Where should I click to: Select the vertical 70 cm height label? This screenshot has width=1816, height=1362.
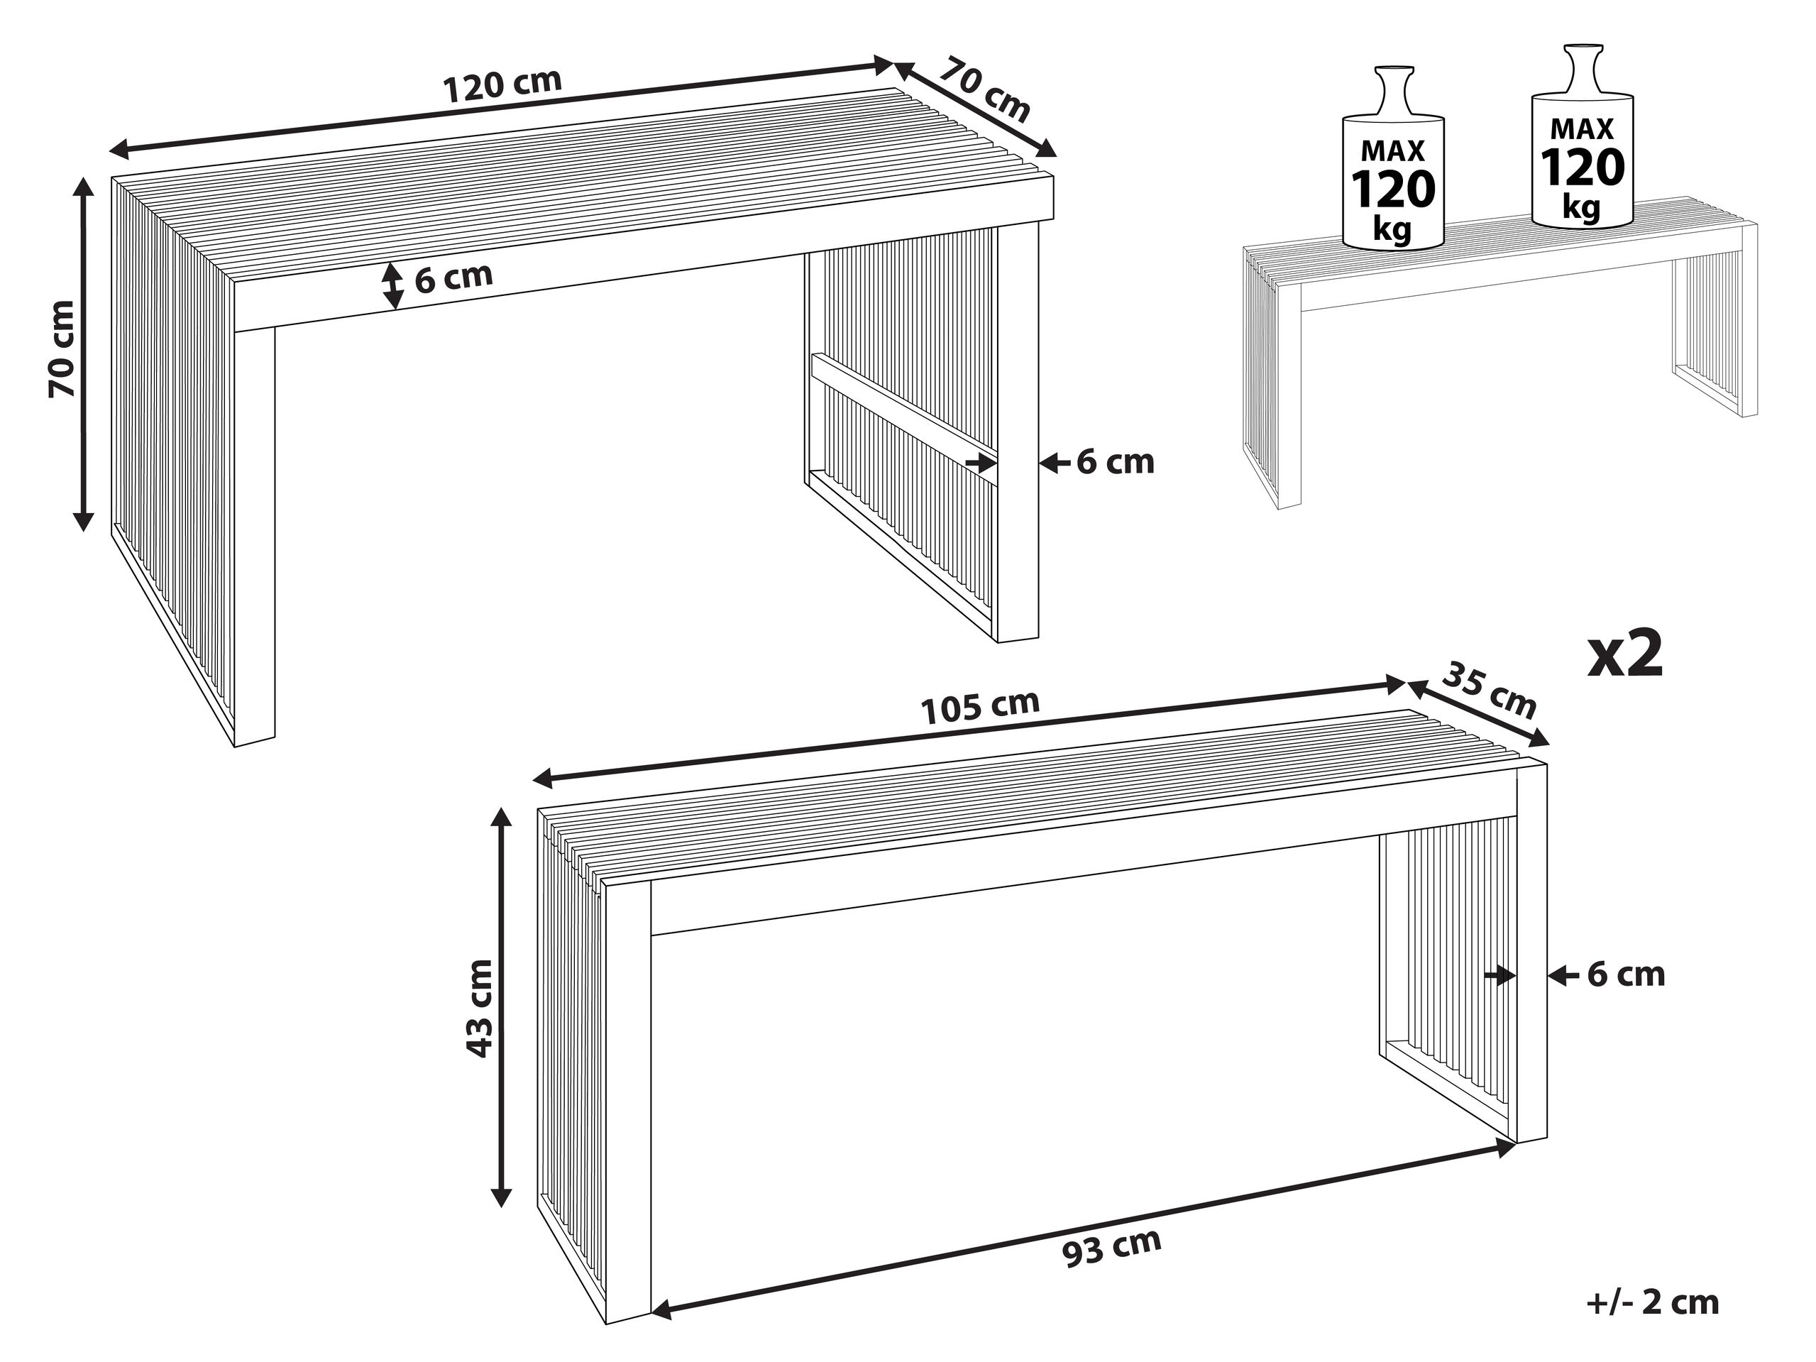pyautogui.click(x=62, y=349)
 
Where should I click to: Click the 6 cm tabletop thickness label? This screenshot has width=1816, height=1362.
pyautogui.click(x=453, y=278)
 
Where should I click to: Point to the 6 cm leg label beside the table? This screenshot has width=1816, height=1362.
pyautogui.click(x=1114, y=462)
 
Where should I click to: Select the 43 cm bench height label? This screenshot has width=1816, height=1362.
pyautogui.click(x=478, y=1008)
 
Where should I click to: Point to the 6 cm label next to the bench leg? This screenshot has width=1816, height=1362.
pyautogui.click(x=1626, y=974)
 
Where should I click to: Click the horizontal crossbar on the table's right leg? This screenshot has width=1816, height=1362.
pyautogui.click(x=903, y=407)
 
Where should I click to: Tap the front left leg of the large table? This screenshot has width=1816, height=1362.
pyautogui.click(x=255, y=534)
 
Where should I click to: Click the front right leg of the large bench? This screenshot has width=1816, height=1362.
pyautogui.click(x=1531, y=952)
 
